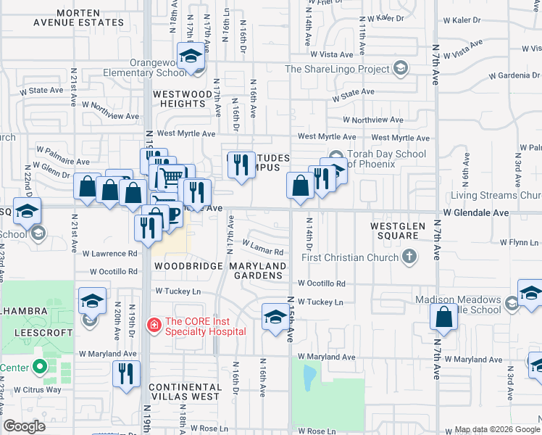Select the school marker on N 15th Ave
click(x=275, y=317)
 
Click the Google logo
click(x=25, y=426)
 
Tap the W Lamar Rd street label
click(x=262, y=248)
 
